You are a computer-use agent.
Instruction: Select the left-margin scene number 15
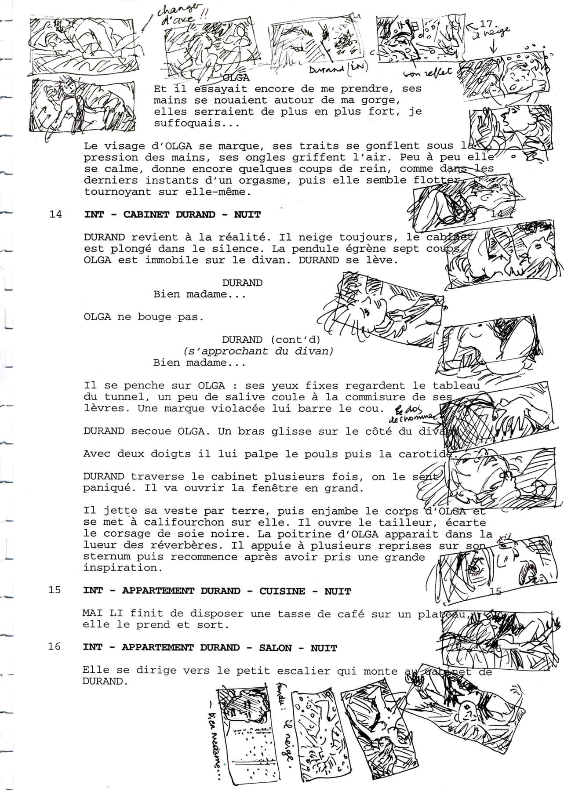[x=55, y=590]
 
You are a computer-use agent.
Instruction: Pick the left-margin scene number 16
[x=55, y=647]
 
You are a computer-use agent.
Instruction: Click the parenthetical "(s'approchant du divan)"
[x=258, y=351]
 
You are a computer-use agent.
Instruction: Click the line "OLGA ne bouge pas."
[x=144, y=317]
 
